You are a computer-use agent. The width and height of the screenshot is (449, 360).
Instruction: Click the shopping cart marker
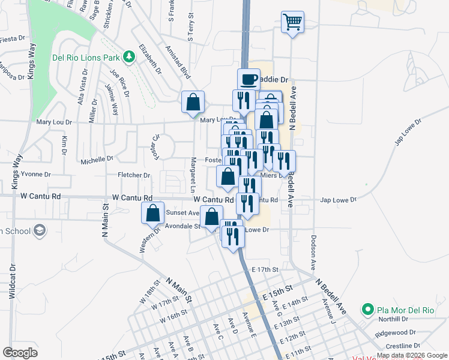(293, 22)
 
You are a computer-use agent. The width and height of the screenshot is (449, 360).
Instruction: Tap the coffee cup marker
(249, 79)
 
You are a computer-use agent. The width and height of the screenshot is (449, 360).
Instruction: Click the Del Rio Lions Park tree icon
(128, 57)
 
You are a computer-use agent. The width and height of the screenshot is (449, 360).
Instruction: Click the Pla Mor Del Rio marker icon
(367, 310)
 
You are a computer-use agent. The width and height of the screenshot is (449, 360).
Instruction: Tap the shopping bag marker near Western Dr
(153, 212)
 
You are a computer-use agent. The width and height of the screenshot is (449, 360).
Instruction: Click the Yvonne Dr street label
(35, 174)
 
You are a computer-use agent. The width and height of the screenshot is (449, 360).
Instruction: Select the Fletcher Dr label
(134, 175)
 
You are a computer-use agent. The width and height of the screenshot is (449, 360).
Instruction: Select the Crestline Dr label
(403, 346)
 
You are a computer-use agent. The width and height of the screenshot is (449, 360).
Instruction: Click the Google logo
(20, 352)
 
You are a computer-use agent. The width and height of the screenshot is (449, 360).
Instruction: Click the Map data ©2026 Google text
(412, 355)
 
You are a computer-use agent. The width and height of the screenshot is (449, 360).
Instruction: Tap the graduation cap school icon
(40, 230)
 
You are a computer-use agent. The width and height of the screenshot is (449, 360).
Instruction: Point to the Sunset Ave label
(182, 212)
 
